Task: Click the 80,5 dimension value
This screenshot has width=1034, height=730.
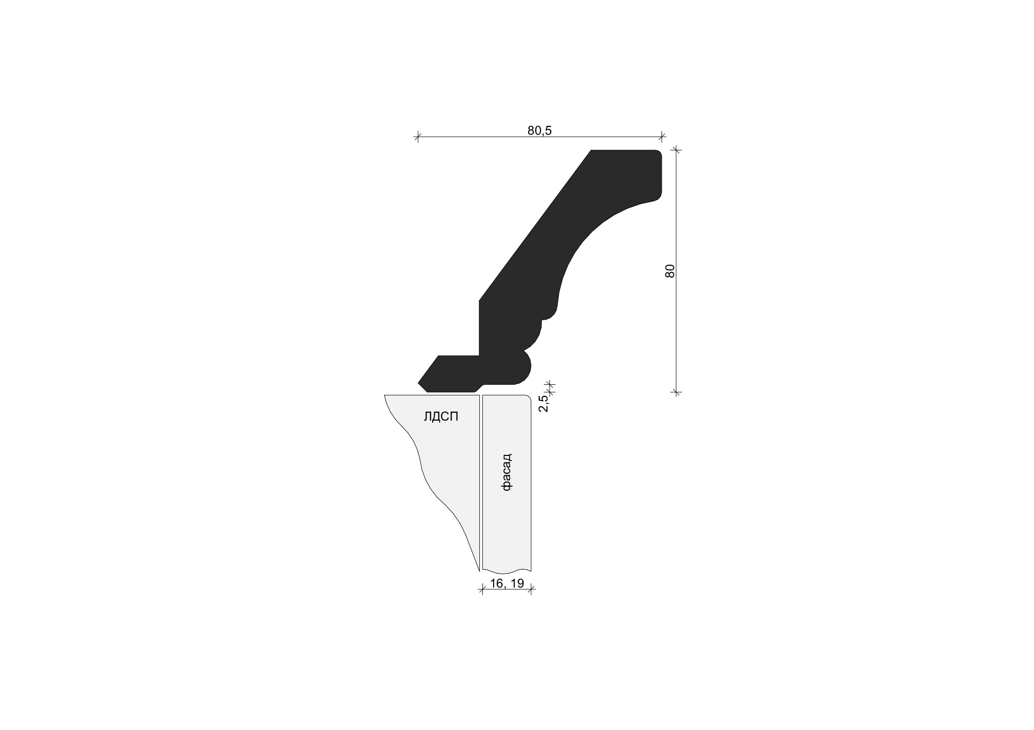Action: point(539,131)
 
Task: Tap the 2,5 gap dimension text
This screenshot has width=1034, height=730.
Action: point(543,403)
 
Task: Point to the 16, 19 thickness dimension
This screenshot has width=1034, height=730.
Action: point(506,583)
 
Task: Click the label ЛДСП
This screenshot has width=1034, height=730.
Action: point(441,417)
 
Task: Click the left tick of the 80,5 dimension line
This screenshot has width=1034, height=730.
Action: point(417,137)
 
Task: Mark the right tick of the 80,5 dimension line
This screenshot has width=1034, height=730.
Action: point(662,137)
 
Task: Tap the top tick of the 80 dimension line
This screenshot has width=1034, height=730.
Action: point(677,150)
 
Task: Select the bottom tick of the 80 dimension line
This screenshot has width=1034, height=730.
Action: point(677,393)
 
